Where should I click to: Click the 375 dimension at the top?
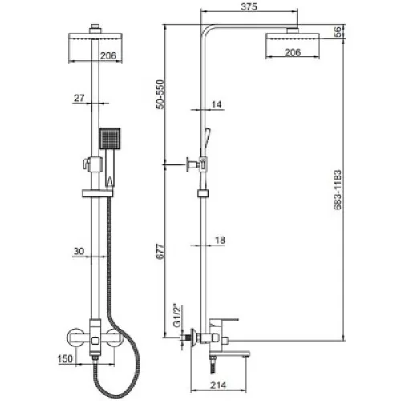(249, 6)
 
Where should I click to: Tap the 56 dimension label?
(338, 32)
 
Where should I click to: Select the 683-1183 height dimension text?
(338, 189)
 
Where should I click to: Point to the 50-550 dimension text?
(160, 94)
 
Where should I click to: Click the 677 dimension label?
(160, 251)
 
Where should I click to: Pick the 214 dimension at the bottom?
(218, 385)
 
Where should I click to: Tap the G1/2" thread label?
(177, 315)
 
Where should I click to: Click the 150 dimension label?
(65, 358)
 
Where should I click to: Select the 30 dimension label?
(79, 251)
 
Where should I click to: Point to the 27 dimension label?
(79, 98)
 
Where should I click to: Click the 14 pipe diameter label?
(217, 104)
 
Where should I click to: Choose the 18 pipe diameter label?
(220, 240)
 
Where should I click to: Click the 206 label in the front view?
(108, 55)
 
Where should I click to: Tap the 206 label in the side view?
(293, 52)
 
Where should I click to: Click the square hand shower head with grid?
(110, 139)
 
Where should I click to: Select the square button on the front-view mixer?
(95, 341)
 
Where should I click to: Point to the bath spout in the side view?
(229, 354)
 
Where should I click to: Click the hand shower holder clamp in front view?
(94, 164)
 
